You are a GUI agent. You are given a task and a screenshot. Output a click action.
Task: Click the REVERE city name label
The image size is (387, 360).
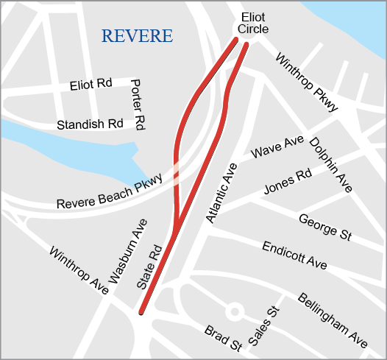137,36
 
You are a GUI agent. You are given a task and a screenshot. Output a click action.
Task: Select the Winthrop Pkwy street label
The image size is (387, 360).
307,83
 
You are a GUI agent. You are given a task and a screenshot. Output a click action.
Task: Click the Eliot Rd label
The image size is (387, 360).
90,84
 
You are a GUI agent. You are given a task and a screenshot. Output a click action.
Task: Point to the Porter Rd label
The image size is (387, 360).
137,105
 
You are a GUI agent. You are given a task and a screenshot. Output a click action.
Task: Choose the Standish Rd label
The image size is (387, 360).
90,124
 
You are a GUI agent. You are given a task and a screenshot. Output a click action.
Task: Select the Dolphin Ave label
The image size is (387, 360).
330,164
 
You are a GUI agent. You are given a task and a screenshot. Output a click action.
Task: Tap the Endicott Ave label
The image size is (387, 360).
294,253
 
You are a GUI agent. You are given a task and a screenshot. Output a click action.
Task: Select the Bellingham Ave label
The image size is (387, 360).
332,320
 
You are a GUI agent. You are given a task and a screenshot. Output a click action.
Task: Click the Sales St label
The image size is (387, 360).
266,326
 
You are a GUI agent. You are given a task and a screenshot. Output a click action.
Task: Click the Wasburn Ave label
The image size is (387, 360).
128,251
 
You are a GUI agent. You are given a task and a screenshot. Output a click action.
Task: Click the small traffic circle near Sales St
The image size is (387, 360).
235,311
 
